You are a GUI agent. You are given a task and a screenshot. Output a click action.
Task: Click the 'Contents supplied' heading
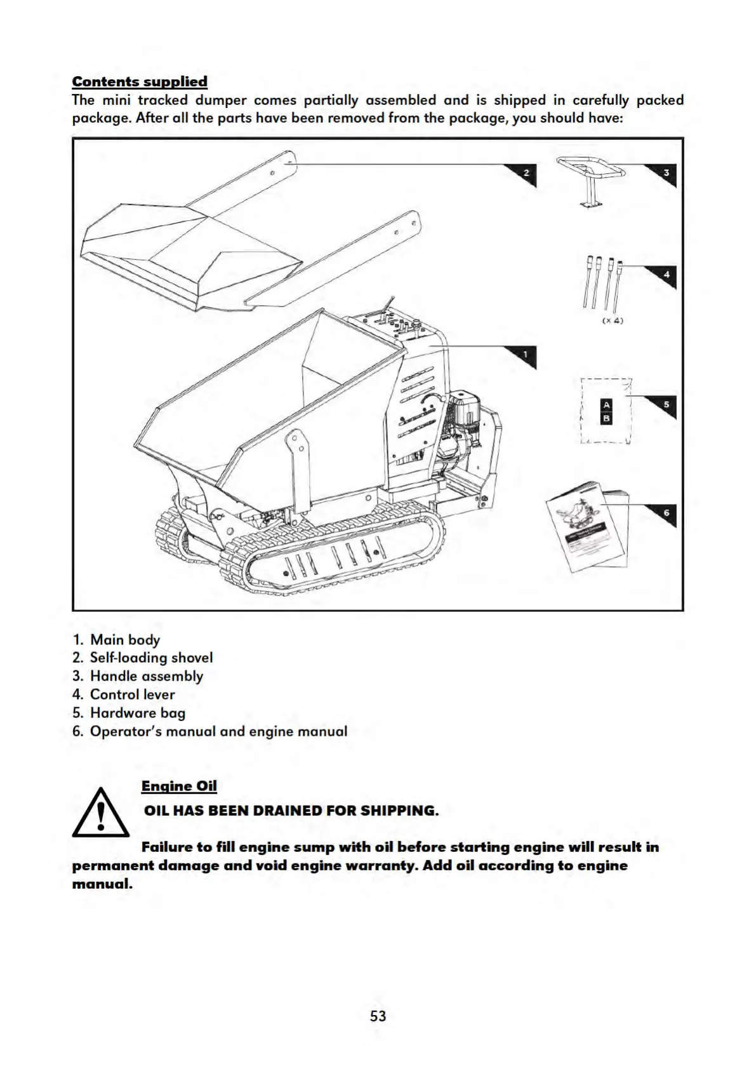tap(140, 81)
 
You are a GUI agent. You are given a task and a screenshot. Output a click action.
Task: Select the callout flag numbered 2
tap(525, 173)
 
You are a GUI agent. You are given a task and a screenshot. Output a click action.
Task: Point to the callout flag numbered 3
tap(665, 173)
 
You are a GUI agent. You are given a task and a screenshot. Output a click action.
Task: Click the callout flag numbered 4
tap(665, 275)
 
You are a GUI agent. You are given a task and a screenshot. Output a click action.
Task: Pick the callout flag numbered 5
tap(665, 404)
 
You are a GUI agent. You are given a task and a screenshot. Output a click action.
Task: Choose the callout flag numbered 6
tap(665, 513)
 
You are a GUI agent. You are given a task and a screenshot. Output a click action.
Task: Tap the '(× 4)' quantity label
tap(613, 321)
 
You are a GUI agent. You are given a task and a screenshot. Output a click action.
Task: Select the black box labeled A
tap(606, 405)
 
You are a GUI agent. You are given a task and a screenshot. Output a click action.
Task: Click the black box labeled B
tap(606, 418)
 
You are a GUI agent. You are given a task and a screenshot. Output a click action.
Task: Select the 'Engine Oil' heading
tap(179, 786)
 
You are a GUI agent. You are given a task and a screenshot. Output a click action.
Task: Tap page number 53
tap(378, 1016)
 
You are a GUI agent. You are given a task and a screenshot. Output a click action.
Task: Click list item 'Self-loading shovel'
tap(151, 658)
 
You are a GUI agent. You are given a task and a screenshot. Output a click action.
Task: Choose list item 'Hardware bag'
tap(137, 713)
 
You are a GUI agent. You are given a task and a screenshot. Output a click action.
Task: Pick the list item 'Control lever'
tap(132, 694)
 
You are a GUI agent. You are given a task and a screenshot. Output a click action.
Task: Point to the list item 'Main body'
tap(124, 640)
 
